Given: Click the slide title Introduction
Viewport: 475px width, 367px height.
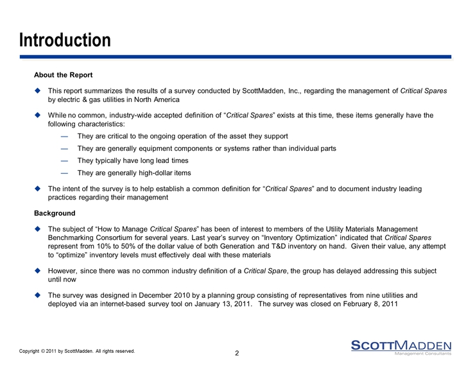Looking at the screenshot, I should click(65, 40).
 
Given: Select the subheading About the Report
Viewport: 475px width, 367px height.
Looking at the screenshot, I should click(64, 75).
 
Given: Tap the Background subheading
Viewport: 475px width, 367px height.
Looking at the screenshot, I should click(55, 213).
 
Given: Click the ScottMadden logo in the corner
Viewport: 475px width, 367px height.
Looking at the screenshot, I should click(401, 346).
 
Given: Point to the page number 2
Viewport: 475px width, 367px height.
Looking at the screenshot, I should click(237, 354).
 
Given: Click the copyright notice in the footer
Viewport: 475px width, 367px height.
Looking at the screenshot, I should click(77, 351).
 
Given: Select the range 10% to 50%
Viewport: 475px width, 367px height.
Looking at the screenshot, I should click(112, 246).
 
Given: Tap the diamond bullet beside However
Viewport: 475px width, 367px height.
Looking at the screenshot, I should click(39, 271).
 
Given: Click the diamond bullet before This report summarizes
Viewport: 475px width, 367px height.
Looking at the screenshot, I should click(39, 91).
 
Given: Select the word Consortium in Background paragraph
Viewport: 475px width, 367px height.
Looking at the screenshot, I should click(108, 237).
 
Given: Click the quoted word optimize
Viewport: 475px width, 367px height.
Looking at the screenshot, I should click(71, 254).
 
